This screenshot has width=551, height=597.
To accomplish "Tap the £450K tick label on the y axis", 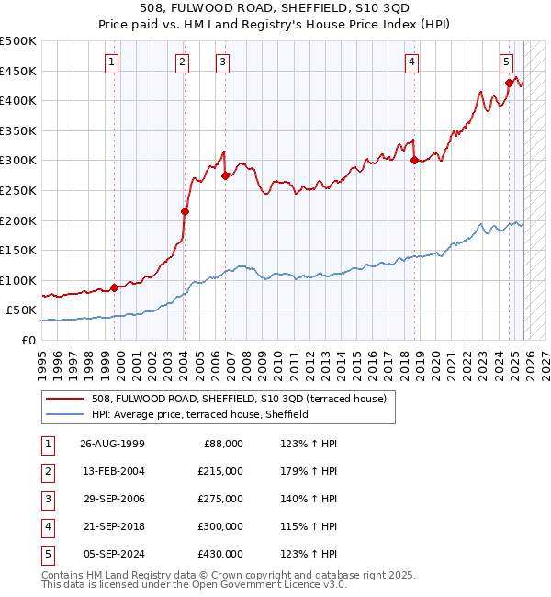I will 18,71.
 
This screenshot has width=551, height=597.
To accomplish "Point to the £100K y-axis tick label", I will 18,280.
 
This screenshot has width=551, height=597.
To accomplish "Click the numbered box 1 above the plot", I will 111,62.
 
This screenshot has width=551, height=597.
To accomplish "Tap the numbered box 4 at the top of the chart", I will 412,62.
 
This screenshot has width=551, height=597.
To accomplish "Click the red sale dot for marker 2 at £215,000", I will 185,211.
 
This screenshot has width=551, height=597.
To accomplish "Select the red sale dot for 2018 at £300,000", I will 414,160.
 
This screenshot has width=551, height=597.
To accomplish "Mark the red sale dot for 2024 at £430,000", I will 509,83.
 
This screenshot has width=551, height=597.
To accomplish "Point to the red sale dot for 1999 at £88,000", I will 114,287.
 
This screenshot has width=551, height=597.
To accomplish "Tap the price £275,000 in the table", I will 220,499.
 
